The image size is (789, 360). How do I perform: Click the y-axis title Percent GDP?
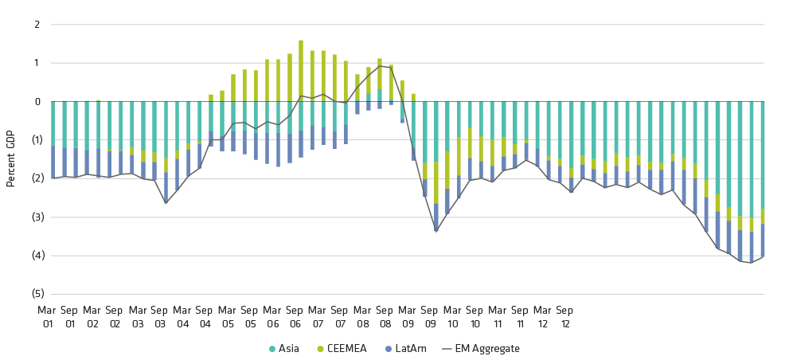click(11, 159)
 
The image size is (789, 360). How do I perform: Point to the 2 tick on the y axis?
click(36, 25)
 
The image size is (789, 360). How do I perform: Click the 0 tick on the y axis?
click(36, 102)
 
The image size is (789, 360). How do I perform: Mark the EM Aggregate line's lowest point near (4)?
click(751, 263)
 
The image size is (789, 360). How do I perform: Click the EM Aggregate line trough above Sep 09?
click(436, 231)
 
